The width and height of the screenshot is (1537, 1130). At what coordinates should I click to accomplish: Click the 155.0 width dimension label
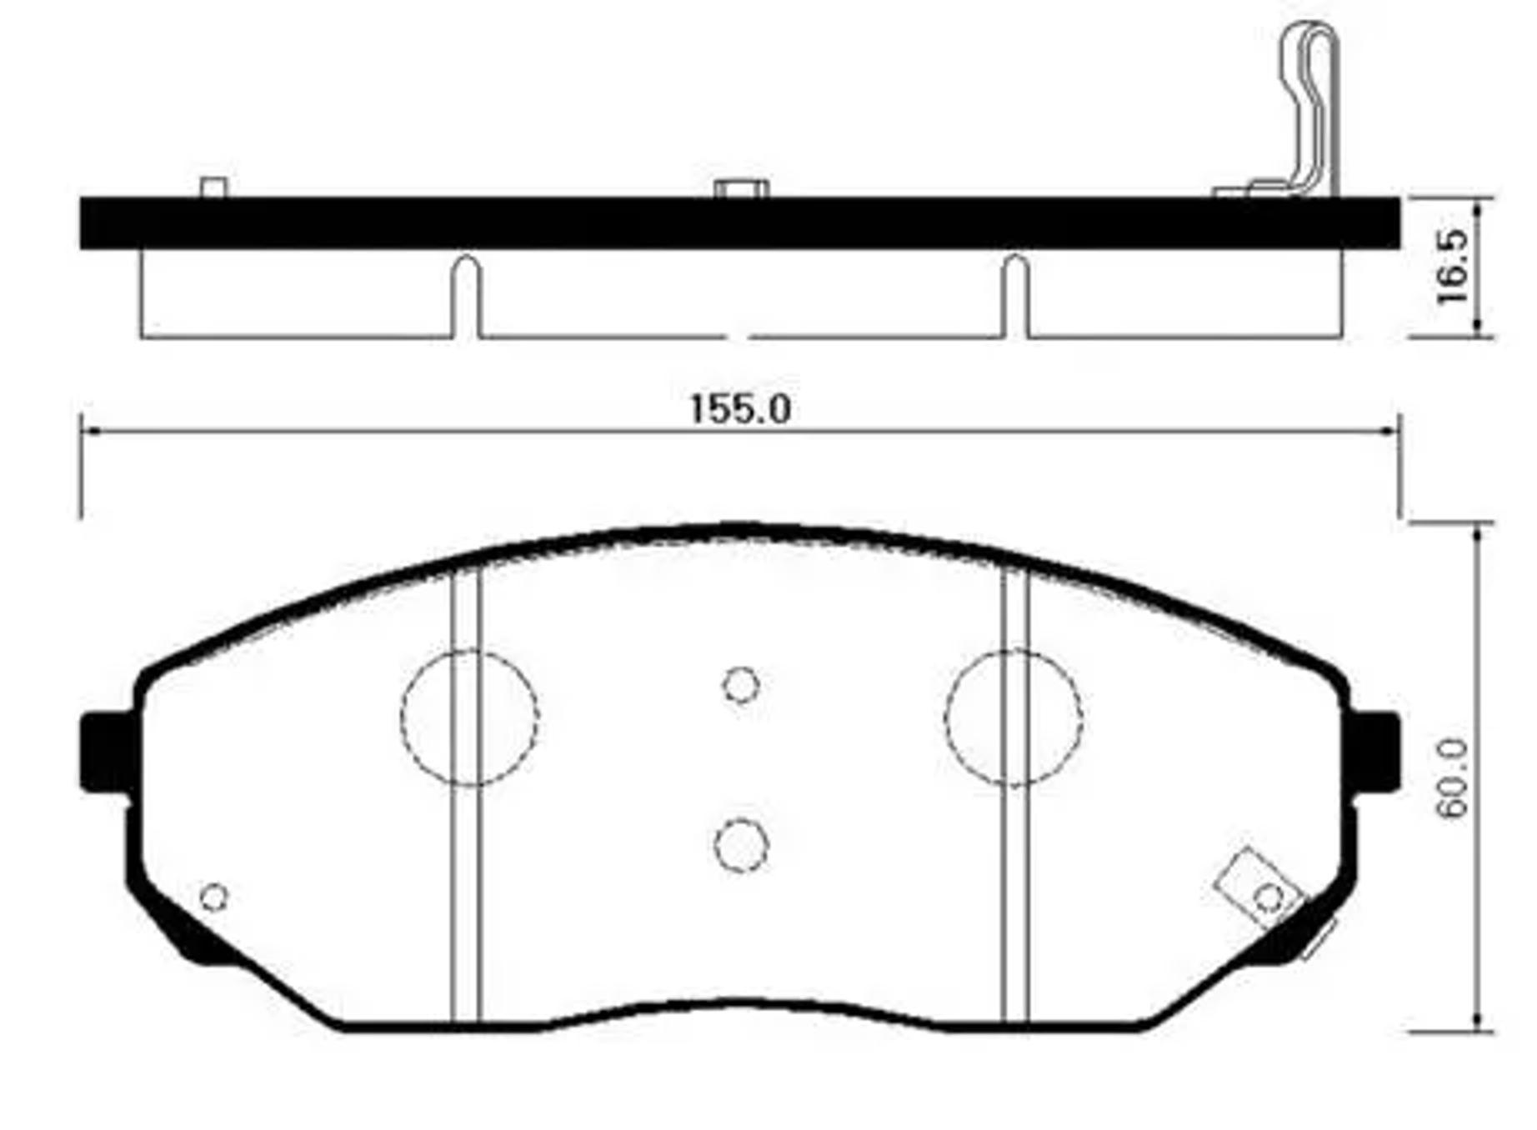click(740, 409)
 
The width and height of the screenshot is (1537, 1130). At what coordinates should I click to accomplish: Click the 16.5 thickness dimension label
click(1452, 267)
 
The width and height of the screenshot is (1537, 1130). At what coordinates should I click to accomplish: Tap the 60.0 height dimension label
click(1452, 778)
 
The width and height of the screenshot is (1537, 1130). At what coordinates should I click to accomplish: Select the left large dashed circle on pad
click(469, 717)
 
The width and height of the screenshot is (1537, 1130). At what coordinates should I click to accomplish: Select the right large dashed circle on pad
click(1014, 717)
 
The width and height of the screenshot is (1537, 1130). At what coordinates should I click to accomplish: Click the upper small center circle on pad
click(740, 685)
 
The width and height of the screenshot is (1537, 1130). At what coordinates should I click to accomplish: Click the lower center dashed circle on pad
click(740, 845)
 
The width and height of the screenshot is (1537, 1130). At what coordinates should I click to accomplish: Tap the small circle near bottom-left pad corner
click(214, 897)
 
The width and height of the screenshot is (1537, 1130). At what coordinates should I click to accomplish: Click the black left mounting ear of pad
click(105, 752)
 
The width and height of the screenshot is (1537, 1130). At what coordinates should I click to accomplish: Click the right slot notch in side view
click(1014, 296)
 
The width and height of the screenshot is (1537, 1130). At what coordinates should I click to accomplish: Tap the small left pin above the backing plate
click(214, 187)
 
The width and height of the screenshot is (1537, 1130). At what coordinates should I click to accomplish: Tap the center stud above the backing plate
click(741, 189)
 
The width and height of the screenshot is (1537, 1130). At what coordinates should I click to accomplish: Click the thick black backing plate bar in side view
click(740, 222)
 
